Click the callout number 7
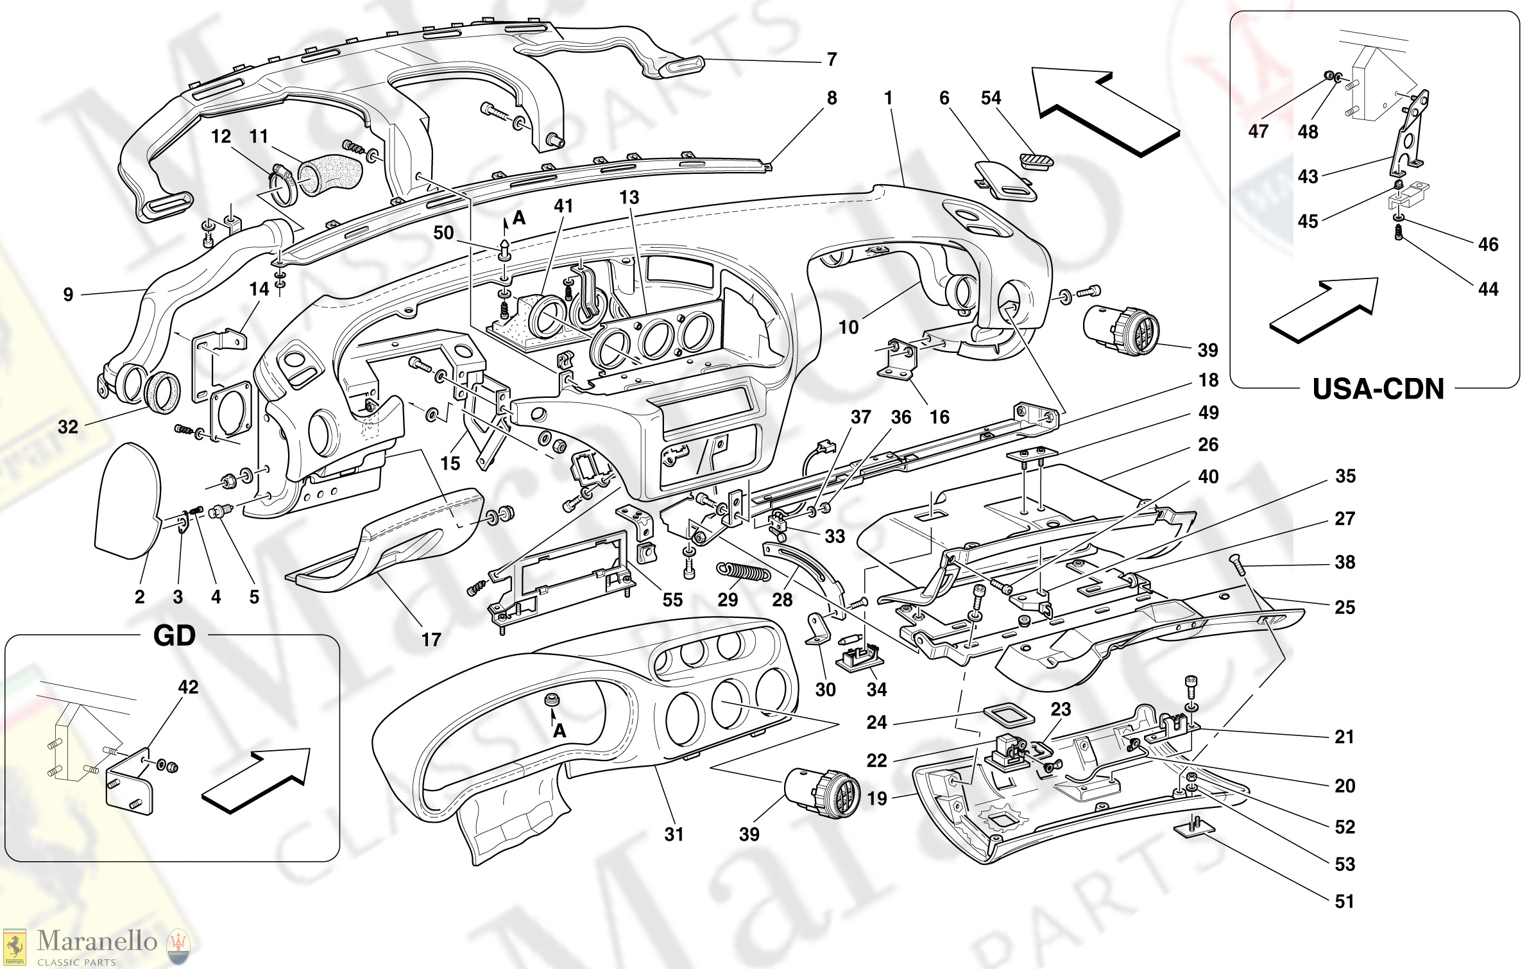point(832,60)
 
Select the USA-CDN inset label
point(1378,390)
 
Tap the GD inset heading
point(175,636)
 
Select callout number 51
point(1344,902)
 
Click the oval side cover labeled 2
point(127,501)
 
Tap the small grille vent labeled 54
point(1036,160)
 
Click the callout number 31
point(674,834)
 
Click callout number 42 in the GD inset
point(188,687)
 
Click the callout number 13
point(629,198)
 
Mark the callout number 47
point(1258,132)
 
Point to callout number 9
point(68,295)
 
